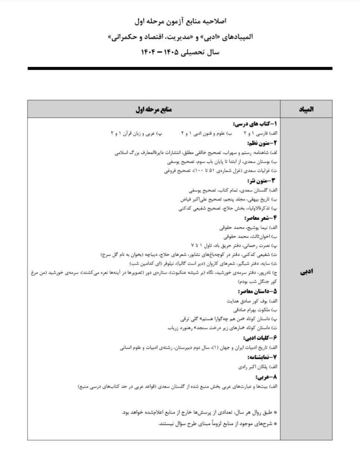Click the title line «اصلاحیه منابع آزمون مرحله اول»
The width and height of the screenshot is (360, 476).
click(x=180, y=21)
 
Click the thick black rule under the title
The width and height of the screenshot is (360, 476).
click(x=180, y=68)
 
